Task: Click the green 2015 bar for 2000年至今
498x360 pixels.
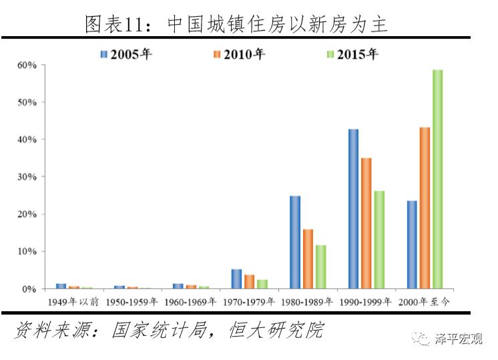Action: click(x=437, y=179)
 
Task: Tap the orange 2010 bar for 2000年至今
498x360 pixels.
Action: click(x=425, y=208)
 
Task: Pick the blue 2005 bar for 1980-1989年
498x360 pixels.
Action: click(x=294, y=242)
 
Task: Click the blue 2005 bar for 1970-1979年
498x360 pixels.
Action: click(x=236, y=279)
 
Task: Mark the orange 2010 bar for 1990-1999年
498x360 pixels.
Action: click(x=366, y=223)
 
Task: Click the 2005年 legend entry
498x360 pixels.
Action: click(x=126, y=54)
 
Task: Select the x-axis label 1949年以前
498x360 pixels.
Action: click(x=73, y=302)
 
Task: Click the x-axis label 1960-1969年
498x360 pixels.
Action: click(x=190, y=302)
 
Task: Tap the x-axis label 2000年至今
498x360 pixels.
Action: click(x=425, y=302)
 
